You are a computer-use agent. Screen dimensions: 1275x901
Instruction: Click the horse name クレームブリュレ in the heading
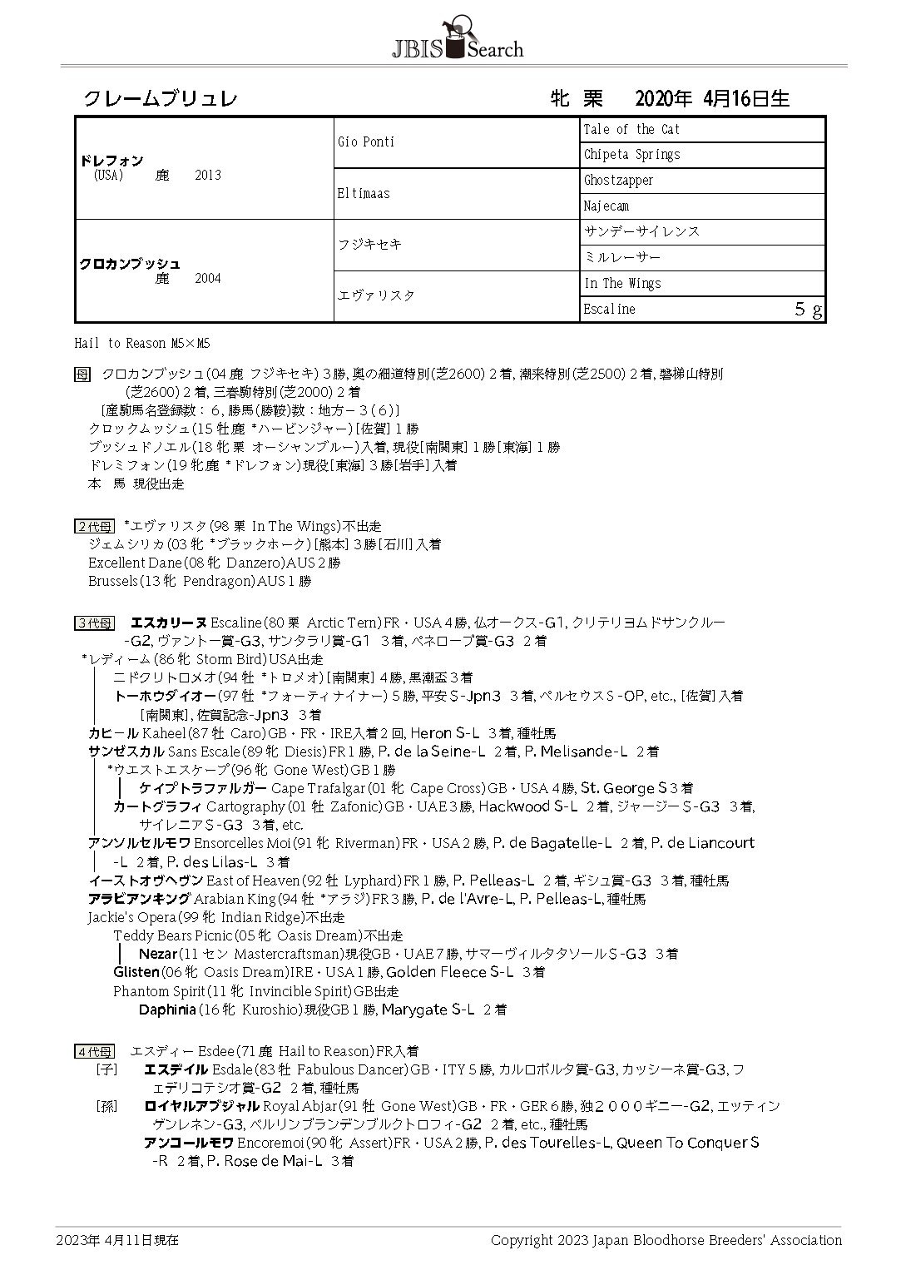(161, 99)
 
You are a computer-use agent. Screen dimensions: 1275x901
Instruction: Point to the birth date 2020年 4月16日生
(711, 99)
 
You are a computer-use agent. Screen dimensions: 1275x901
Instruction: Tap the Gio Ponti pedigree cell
(366, 142)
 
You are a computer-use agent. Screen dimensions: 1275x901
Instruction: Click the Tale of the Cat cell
(631, 130)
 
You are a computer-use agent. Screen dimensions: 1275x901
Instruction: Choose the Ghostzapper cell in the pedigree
(618, 181)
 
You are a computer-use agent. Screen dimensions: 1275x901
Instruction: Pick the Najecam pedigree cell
(606, 206)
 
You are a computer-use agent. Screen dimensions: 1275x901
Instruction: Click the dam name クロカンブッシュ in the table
(130, 264)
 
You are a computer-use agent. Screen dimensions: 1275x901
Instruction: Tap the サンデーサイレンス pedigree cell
(641, 231)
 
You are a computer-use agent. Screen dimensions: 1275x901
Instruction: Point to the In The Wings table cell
(622, 284)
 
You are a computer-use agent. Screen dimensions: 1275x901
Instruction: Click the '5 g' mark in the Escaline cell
(808, 310)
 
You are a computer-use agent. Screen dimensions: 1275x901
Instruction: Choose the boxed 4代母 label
(94, 1052)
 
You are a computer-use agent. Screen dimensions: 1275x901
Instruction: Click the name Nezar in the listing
(157, 954)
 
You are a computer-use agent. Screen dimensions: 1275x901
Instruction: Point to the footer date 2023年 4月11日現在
(117, 1240)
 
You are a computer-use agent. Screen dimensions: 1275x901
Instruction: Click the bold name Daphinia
(167, 1010)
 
